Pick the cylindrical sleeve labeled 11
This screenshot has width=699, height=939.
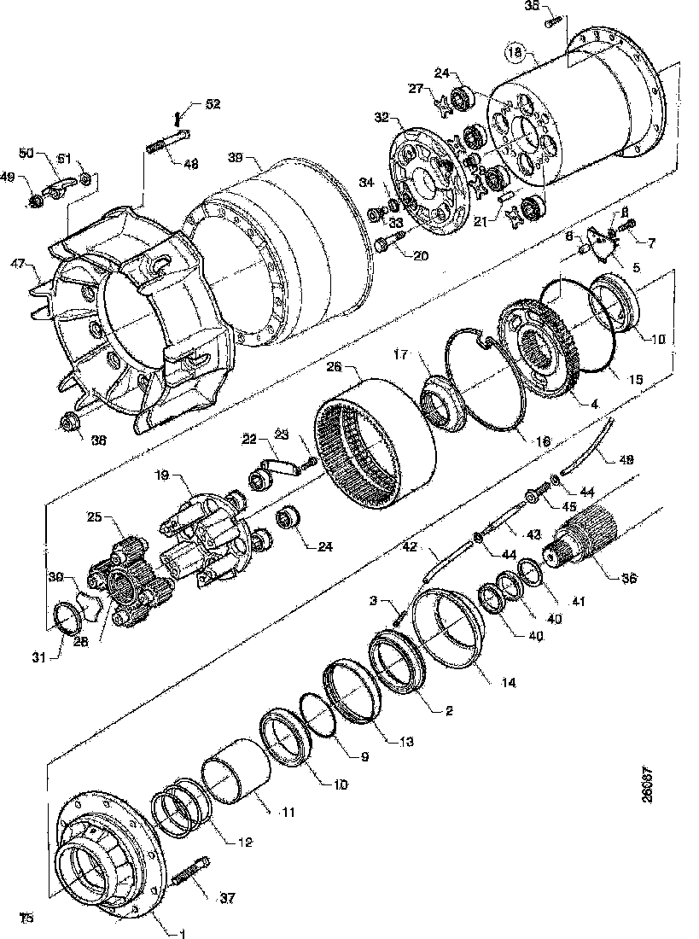point(237,772)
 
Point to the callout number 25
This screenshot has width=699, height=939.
point(95,517)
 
